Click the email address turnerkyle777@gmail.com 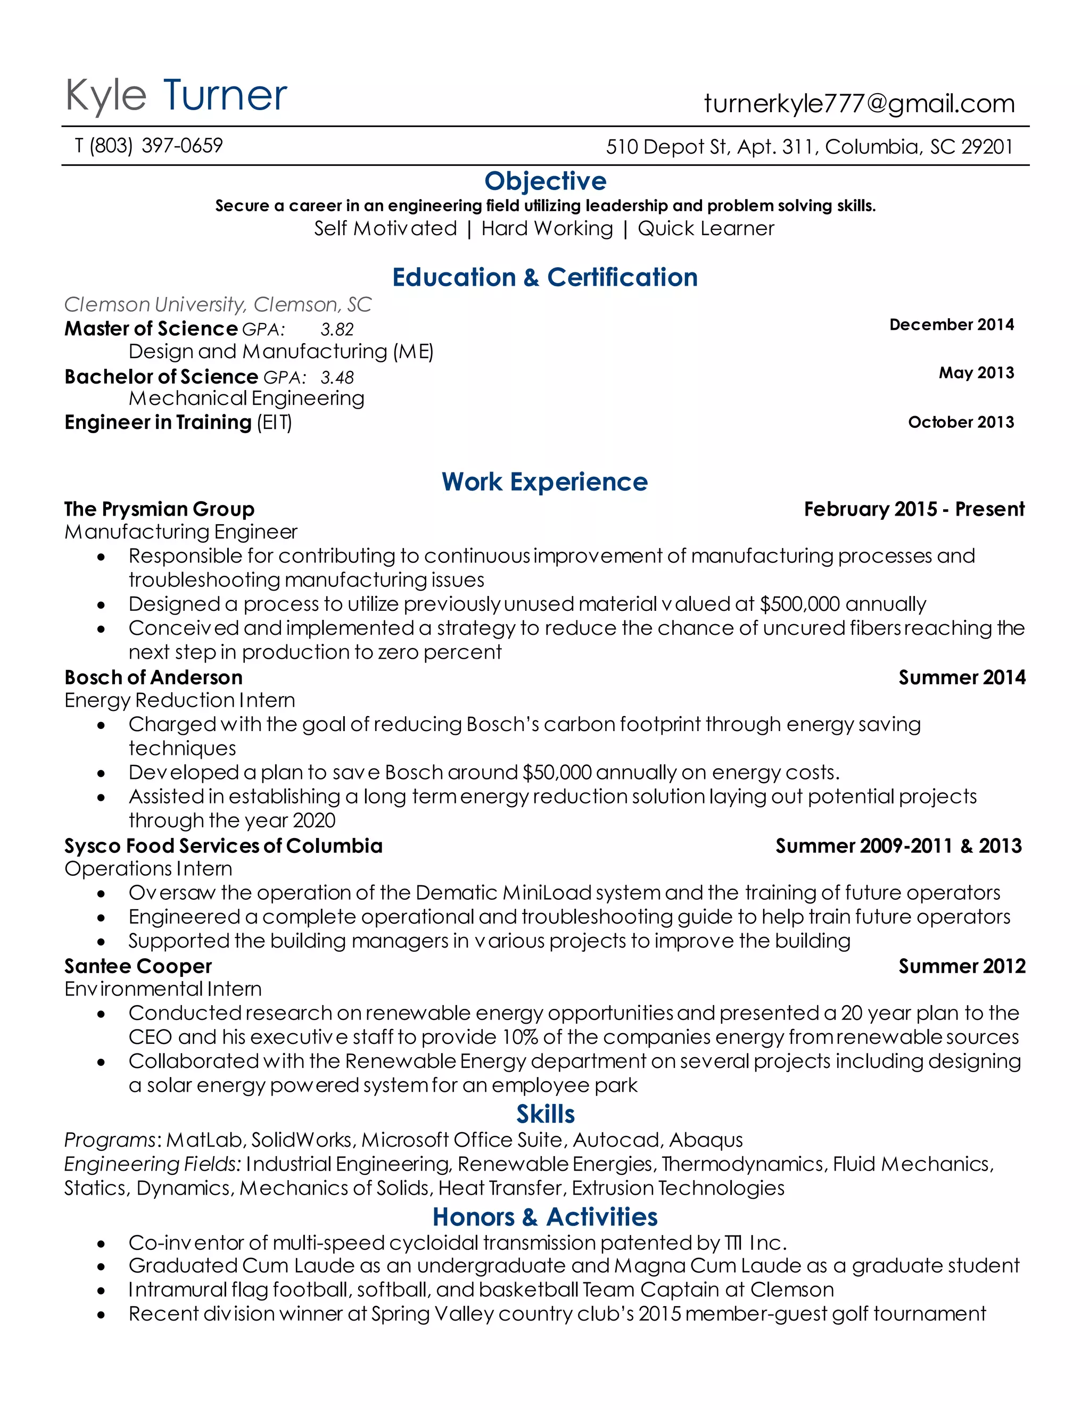(x=859, y=104)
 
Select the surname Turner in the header (x=225, y=96)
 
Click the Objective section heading (x=545, y=181)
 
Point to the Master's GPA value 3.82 (x=336, y=330)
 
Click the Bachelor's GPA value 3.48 (x=337, y=378)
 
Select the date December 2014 (x=951, y=325)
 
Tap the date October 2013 (x=960, y=422)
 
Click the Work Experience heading (x=544, y=482)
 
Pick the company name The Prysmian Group (x=159, y=509)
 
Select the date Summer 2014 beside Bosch (x=962, y=678)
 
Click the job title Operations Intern (x=148, y=869)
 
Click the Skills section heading (x=545, y=1115)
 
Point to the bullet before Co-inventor (x=101, y=1243)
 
